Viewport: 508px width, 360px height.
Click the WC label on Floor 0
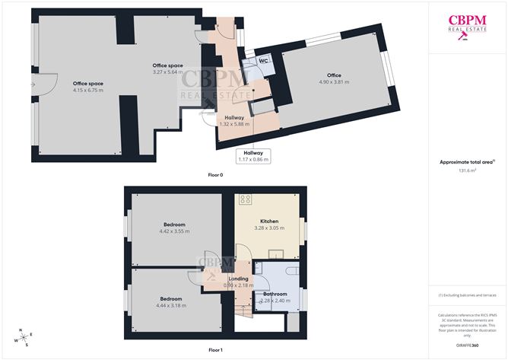pos(262,60)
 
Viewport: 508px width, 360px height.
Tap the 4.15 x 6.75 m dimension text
pos(87,91)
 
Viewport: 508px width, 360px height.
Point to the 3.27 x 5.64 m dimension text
pos(168,72)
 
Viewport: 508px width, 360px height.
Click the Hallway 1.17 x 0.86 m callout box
pos(253,156)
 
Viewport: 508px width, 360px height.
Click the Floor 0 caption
pos(215,176)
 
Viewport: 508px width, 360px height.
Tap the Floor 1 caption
pos(215,349)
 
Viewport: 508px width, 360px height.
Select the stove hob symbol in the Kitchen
pos(246,200)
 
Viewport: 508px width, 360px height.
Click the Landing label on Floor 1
pos(238,279)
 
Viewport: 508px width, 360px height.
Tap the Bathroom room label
pos(275,294)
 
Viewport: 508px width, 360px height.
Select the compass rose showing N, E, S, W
pos(24,336)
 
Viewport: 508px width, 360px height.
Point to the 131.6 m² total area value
pos(467,170)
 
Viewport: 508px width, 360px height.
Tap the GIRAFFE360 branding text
pos(467,345)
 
